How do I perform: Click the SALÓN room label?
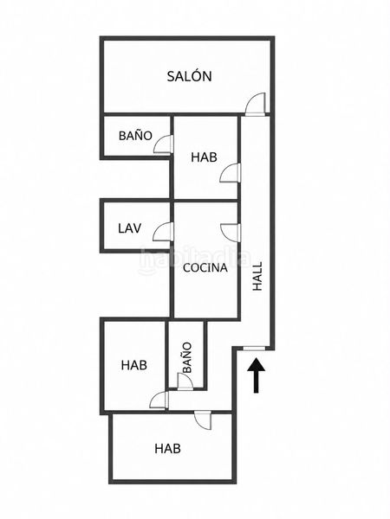coord(189,76)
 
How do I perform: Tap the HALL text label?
coord(257,277)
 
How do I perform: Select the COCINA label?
coord(205,268)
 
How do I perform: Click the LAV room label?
coord(130,228)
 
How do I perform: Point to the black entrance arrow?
coord(256,375)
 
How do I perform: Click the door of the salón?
coord(256,104)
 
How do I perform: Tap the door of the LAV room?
coord(163,232)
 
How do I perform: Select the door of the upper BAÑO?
coord(164,144)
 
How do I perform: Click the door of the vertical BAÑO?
coord(185,381)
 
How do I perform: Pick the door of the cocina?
coord(231,233)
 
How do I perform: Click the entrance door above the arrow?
coord(254,349)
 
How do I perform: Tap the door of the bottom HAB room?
coord(203,420)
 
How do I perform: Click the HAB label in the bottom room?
coord(167,449)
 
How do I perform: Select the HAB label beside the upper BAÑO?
coord(204,157)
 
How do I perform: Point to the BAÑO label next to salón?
coord(135,136)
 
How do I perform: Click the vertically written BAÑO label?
coord(187,358)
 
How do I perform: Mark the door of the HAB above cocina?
coord(231,173)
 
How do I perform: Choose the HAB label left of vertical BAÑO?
coord(134,365)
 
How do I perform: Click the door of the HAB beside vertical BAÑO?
coord(159,400)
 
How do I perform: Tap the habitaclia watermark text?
coord(195,258)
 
